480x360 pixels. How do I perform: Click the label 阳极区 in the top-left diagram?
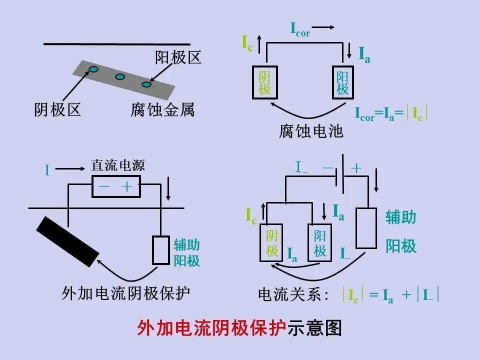[178, 58]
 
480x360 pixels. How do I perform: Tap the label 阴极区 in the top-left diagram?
[57, 109]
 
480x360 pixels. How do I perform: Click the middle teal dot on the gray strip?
[120, 77]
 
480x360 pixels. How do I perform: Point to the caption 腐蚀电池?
[311, 131]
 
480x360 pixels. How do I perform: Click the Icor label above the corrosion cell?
[300, 29]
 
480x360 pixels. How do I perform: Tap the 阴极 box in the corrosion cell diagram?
[264, 82]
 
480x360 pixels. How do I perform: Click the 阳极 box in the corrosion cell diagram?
[342, 82]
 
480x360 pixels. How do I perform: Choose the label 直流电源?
[117, 165]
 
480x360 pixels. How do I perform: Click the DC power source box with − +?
[116, 187]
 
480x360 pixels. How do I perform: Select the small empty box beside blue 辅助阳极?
[160, 250]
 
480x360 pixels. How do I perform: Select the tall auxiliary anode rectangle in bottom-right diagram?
[366, 227]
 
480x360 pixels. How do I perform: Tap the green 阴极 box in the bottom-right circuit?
[271, 243]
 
